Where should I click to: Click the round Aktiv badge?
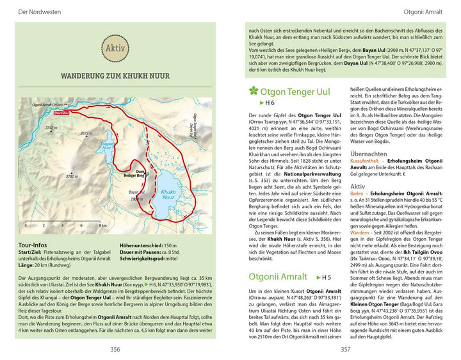pos(115,47)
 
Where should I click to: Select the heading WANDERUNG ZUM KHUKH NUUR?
pos(115,76)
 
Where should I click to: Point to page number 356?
pos(115,349)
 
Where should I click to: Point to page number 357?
pos(345,349)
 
